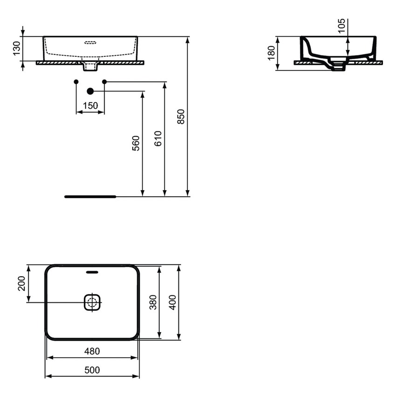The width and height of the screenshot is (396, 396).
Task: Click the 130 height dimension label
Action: pyautogui.click(x=16, y=48)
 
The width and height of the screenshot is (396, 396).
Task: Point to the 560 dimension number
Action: pyautogui.click(x=136, y=143)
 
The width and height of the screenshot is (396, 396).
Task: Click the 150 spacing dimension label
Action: pyautogui.click(x=90, y=106)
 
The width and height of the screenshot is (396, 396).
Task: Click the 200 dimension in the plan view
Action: pyautogui.click(x=21, y=283)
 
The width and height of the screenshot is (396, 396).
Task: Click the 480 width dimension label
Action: pyautogui.click(x=92, y=351)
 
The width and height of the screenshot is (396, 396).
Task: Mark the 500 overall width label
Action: pyautogui.click(x=92, y=370)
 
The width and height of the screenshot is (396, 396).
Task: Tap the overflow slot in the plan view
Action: pyautogui.click(x=92, y=272)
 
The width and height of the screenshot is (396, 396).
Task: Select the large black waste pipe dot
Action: pyautogui.click(x=90, y=91)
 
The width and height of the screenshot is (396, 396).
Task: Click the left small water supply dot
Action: pyautogui.click(x=76, y=82)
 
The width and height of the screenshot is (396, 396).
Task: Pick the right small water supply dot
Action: pyautogui.click(x=104, y=82)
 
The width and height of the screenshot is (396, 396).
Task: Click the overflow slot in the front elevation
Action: pyautogui.click(x=90, y=42)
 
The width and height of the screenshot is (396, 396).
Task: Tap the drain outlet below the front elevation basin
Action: pyautogui.click(x=90, y=68)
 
